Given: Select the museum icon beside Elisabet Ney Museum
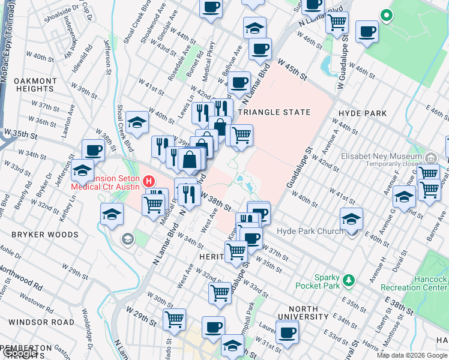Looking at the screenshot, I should point(430,158).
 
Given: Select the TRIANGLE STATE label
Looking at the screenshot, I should point(275,112).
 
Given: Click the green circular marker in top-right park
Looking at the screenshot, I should point(387,16).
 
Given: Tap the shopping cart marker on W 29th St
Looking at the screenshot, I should point(174,319).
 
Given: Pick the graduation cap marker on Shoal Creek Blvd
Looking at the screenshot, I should point(137,124).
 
